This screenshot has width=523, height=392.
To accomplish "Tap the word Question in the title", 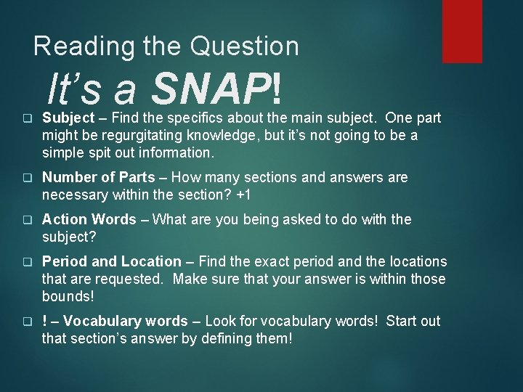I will tap(244, 46).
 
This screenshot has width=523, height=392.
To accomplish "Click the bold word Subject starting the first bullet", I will tap(68, 118).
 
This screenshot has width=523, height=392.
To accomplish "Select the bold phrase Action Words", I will tap(89, 219).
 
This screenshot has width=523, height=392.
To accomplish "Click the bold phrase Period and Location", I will tap(111, 261).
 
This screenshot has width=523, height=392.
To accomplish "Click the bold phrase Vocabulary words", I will tap(129, 321).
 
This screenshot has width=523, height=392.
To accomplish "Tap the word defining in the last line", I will tap(217, 338).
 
